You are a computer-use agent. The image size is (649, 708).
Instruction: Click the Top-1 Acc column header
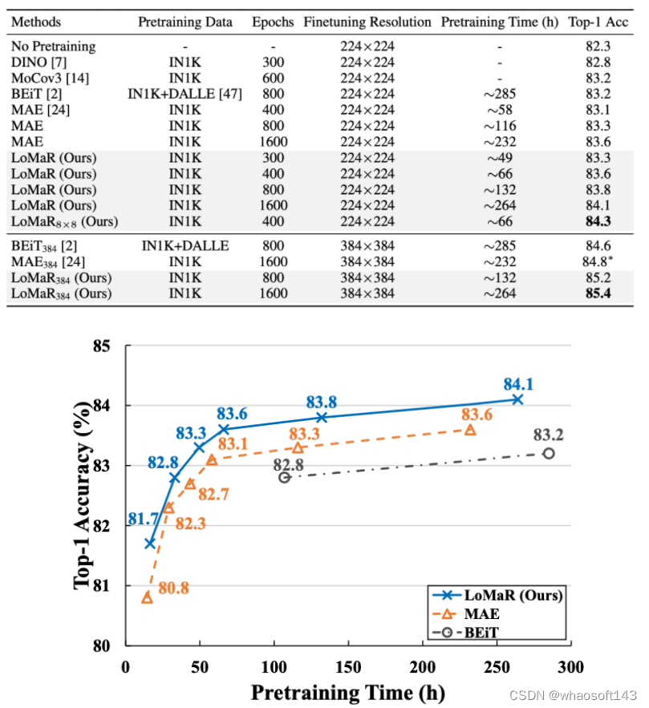[x=598, y=22]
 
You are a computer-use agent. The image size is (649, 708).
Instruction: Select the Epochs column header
[x=272, y=22]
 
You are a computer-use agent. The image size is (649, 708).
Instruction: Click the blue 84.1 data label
[x=518, y=383]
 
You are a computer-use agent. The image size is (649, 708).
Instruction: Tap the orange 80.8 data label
[x=172, y=589]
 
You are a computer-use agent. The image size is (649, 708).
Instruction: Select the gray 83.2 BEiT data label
[x=548, y=435]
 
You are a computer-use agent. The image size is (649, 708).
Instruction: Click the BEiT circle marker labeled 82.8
[x=284, y=477]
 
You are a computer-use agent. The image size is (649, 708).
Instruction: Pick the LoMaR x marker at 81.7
[x=149, y=543]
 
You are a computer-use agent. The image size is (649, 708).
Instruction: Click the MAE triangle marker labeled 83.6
[x=470, y=430]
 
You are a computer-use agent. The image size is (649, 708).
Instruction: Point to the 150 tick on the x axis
[x=348, y=667]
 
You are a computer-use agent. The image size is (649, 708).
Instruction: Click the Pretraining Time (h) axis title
[x=347, y=691]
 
